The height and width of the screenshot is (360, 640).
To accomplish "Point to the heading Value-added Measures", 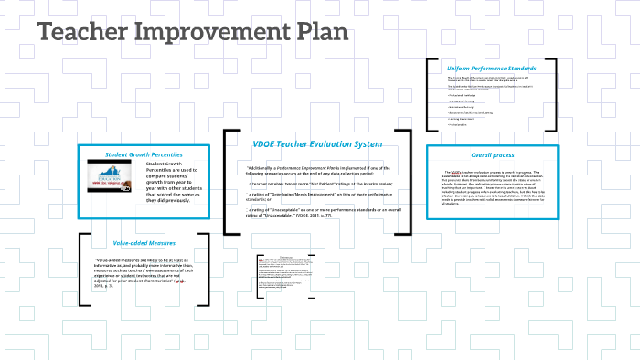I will point(144,244).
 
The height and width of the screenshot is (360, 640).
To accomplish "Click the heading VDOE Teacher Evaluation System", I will point(316,144).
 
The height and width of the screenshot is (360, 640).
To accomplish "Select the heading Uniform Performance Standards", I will point(489,69).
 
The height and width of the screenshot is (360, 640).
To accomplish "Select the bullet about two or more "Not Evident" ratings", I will point(320,184).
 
